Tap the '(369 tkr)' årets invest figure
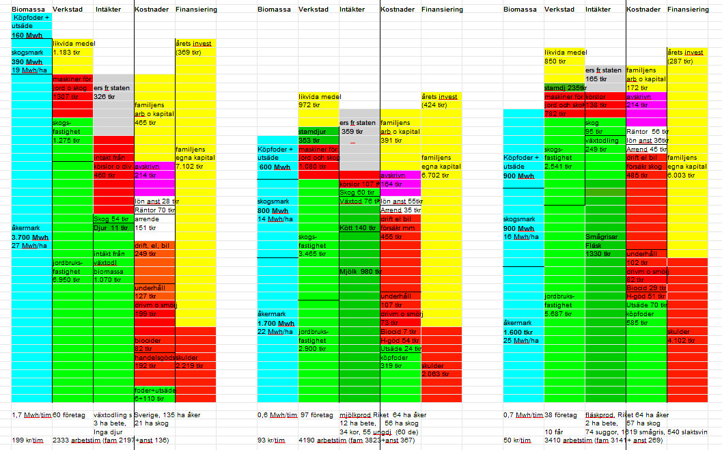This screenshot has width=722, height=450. coord(189,52)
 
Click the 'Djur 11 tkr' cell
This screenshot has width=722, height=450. coord(111,227)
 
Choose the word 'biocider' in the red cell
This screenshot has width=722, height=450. coord(148,339)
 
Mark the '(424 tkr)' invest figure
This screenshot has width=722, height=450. coord(435,105)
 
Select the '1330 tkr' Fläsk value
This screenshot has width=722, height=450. coord(599,253)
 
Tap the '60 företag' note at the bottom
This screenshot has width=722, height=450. coord(67,414)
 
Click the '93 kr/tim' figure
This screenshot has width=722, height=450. coord(270,440)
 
